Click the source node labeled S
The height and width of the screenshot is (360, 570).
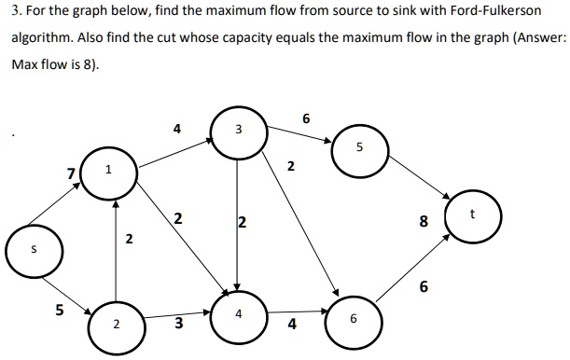[x=34, y=250]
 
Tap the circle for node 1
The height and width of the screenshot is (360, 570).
[x=109, y=170]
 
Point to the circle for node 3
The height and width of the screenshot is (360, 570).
[x=239, y=130]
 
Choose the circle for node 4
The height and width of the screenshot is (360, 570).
[x=239, y=314]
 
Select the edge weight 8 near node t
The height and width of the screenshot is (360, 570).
[x=424, y=222]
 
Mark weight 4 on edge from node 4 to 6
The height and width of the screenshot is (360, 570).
[x=292, y=325]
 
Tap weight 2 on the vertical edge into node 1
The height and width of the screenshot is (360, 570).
[x=129, y=240]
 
